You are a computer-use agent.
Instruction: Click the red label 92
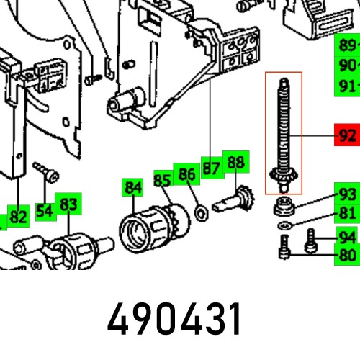pos(347,135)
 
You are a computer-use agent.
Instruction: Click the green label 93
pos(347,194)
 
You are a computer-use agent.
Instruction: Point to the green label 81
pos(347,213)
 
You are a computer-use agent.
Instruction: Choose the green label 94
pos(347,237)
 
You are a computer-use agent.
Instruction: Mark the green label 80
pos(347,254)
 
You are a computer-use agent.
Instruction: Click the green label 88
pos(235,163)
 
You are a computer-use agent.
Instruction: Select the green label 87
pos(210,168)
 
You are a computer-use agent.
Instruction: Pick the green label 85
pos(162,180)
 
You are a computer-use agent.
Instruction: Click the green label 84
pos(132,189)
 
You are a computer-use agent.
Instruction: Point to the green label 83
pos(68,205)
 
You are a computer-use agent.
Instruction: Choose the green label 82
pos(19,216)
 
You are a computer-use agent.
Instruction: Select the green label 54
pos(45,211)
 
